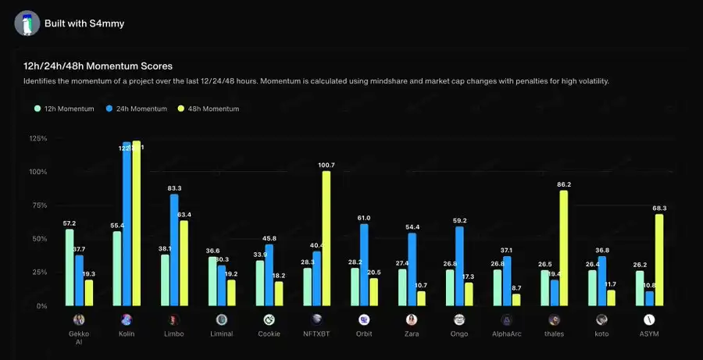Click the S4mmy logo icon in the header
point(27,23)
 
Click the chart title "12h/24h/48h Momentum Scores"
point(98,66)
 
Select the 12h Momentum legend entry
point(67,109)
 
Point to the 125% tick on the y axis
point(37,139)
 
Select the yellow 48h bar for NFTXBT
point(327,238)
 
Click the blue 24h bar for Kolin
point(127,224)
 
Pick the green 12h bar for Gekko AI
point(70,267)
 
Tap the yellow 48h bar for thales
point(563,248)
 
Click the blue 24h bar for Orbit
point(364,265)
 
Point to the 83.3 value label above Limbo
point(175,188)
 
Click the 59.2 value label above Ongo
point(459,220)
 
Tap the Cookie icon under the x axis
point(269,319)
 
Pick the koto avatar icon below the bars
point(601,319)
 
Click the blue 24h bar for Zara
point(412,269)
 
